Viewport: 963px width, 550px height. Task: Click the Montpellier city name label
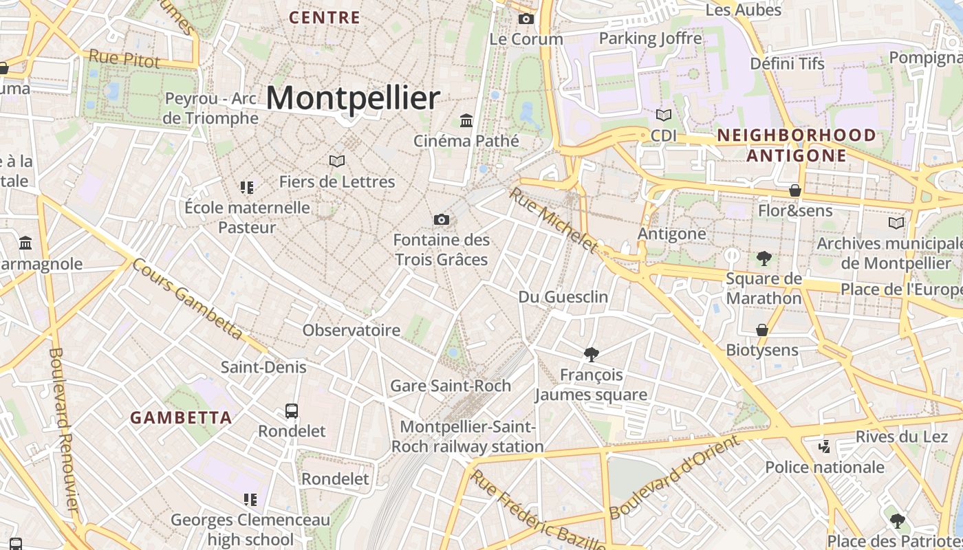coord(352,98)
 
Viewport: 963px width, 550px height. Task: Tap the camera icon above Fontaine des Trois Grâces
coord(442,219)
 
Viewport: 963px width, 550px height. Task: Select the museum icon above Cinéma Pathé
coord(466,120)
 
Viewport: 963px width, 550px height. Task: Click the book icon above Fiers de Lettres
coord(337,161)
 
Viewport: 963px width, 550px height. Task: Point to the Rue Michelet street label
coord(553,220)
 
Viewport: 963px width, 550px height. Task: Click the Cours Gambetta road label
coord(187,298)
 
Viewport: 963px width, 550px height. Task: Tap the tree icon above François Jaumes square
coord(590,355)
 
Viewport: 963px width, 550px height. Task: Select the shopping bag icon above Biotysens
coord(762,330)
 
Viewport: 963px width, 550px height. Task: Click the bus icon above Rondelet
coord(292,411)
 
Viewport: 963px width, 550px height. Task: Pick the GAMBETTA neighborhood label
coord(181,417)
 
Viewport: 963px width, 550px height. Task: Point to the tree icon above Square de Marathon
coord(764,258)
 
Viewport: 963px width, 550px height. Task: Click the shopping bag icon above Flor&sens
coord(795,190)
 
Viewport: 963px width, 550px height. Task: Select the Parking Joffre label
coord(650,38)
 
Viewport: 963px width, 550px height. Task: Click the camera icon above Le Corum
coord(526,19)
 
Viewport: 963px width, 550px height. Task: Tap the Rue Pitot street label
coord(125,58)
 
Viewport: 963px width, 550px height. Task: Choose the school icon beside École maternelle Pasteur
coord(247,187)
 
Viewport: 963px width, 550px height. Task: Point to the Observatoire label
coord(351,330)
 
